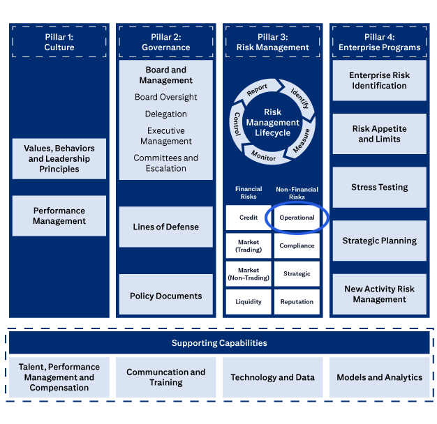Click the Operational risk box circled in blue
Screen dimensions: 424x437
297,218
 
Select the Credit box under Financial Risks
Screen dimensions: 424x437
249,218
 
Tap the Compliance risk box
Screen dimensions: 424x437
297,245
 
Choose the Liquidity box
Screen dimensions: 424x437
249,302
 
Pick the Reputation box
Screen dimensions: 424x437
297,302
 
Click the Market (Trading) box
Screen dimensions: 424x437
249,245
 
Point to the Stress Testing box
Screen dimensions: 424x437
379,187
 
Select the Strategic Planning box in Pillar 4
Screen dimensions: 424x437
379,241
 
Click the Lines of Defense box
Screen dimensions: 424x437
165,227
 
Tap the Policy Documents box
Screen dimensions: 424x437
165,296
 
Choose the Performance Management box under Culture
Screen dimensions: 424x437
59,215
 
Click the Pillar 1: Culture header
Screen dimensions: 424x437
59,42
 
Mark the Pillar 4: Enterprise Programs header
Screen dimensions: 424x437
379,42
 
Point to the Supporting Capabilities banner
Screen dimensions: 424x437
219,343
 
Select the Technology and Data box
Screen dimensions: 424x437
272,377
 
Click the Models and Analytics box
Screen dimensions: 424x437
379,377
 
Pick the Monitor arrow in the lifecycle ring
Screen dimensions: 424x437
263,157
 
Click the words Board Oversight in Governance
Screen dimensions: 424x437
165,97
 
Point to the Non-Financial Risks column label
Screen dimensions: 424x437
297,193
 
